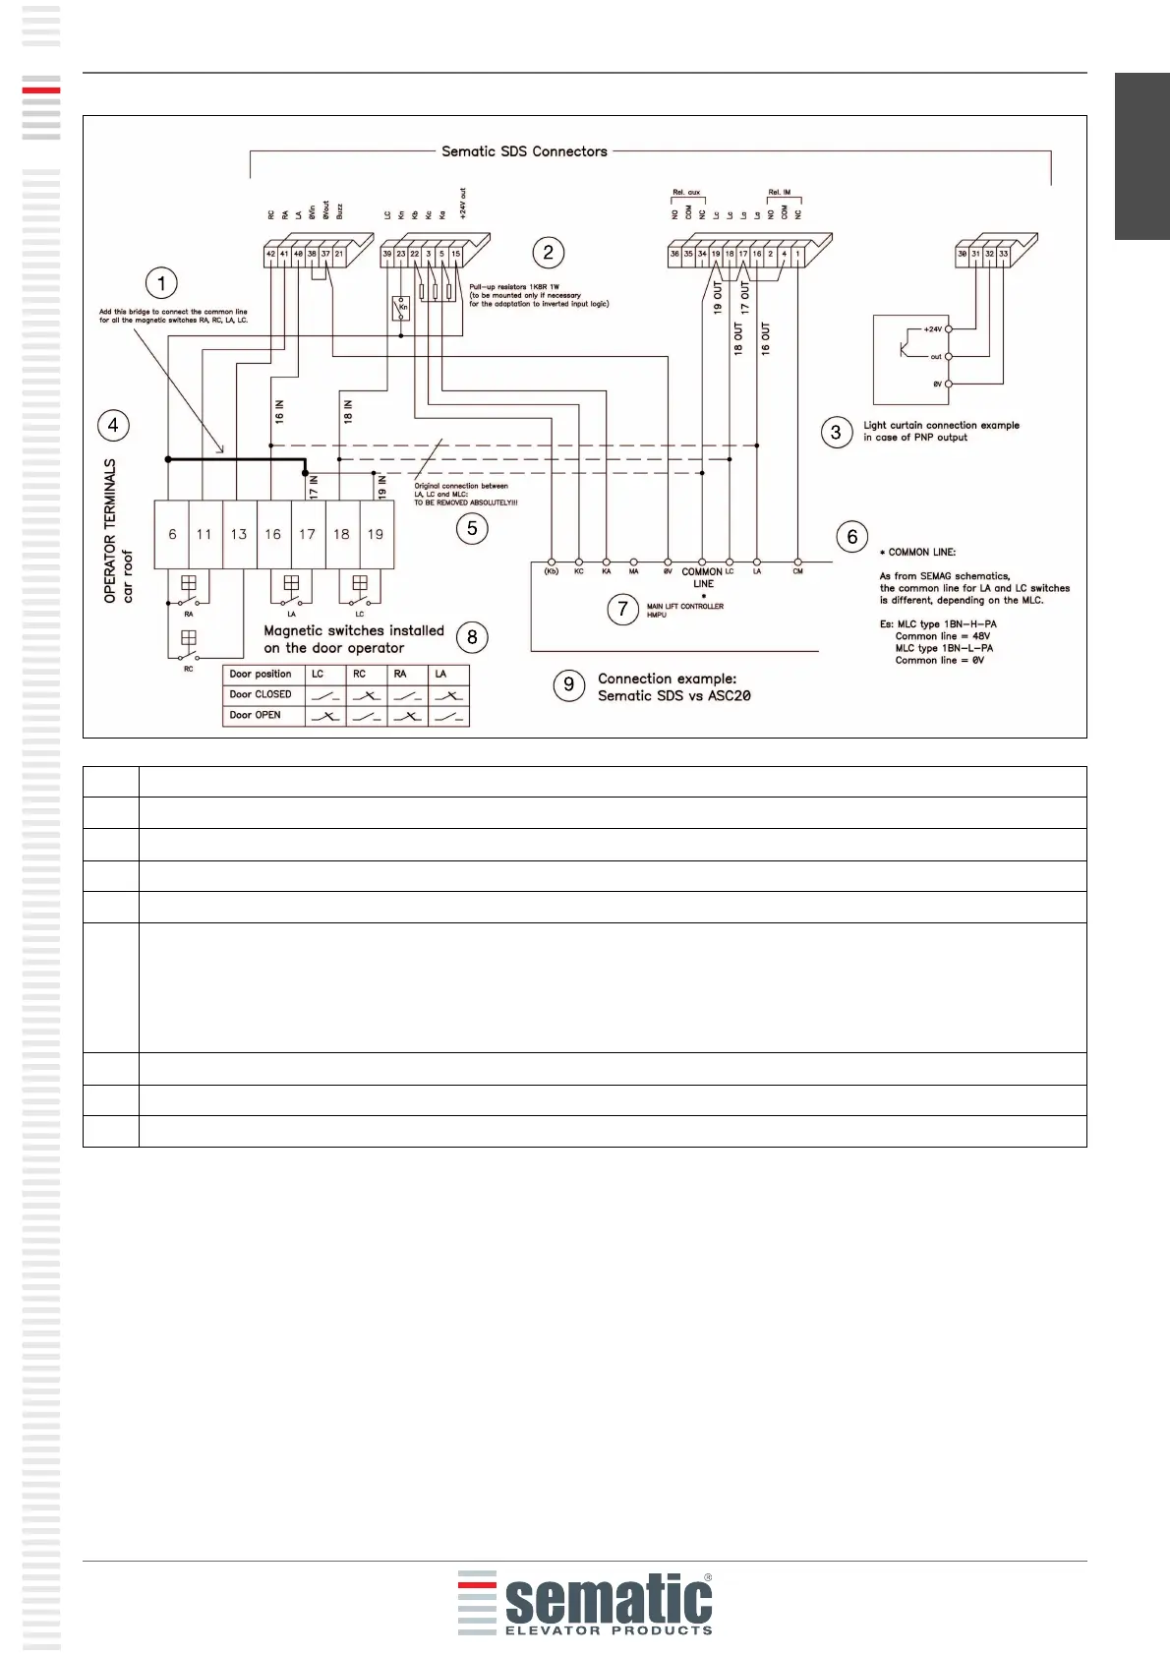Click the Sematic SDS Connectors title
[524, 151]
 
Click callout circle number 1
[161, 284]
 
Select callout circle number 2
[548, 253]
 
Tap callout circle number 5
[472, 528]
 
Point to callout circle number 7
[622, 609]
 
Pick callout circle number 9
[568, 684]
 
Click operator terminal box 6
[172, 534]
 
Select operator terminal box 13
[239, 534]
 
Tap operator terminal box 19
[376, 534]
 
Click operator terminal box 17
[308, 534]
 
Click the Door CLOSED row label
[261, 694]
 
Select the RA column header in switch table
[400, 675]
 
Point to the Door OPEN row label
[256, 715]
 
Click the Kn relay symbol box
[401, 308]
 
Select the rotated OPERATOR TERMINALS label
[110, 531]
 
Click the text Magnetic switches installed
[354, 631]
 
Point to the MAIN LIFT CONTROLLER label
[684, 607]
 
